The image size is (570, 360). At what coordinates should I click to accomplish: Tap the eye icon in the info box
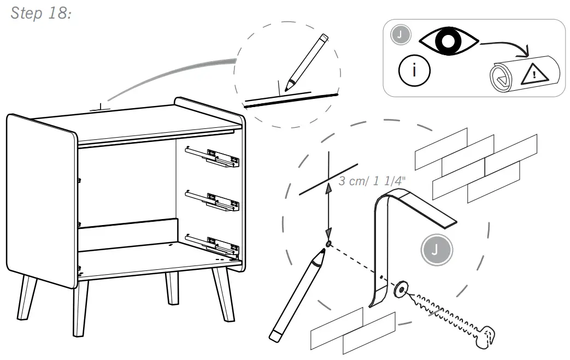pyautogui.click(x=449, y=40)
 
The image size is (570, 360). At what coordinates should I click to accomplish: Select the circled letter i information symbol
pyautogui.click(x=414, y=72)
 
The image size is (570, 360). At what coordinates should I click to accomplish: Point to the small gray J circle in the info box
pyautogui.click(x=400, y=34)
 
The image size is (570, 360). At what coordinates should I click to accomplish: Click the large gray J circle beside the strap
pyautogui.click(x=435, y=249)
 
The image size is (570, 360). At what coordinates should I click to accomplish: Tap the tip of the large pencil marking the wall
pyautogui.click(x=324, y=252)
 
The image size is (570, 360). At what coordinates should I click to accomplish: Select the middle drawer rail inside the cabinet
pyautogui.click(x=213, y=200)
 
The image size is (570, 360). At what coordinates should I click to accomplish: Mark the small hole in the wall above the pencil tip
pyautogui.click(x=328, y=243)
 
